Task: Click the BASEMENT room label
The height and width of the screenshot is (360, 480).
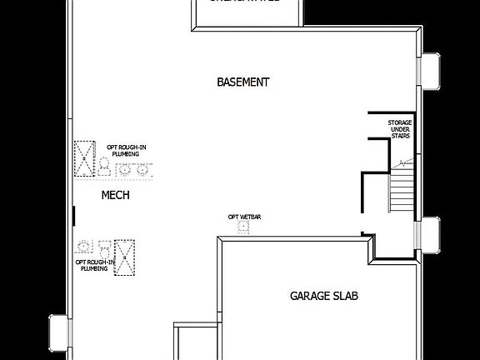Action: (x=242, y=82)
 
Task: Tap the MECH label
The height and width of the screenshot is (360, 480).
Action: (x=115, y=195)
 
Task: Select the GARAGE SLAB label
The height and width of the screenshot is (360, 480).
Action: (x=324, y=296)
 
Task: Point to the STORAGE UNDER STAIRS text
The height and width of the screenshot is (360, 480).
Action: (x=399, y=129)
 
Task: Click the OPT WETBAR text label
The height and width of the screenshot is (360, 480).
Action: (x=244, y=217)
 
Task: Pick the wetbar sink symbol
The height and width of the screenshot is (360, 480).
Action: (x=242, y=226)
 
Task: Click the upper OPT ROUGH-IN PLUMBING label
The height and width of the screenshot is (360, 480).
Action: (x=126, y=151)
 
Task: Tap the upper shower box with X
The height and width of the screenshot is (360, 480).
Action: (x=85, y=159)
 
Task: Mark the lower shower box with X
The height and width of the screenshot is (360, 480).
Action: (x=125, y=257)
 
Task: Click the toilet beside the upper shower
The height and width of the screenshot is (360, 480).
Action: (x=105, y=167)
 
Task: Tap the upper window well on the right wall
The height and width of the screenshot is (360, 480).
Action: (x=430, y=70)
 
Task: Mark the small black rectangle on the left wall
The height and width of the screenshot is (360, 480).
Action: (x=74, y=215)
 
